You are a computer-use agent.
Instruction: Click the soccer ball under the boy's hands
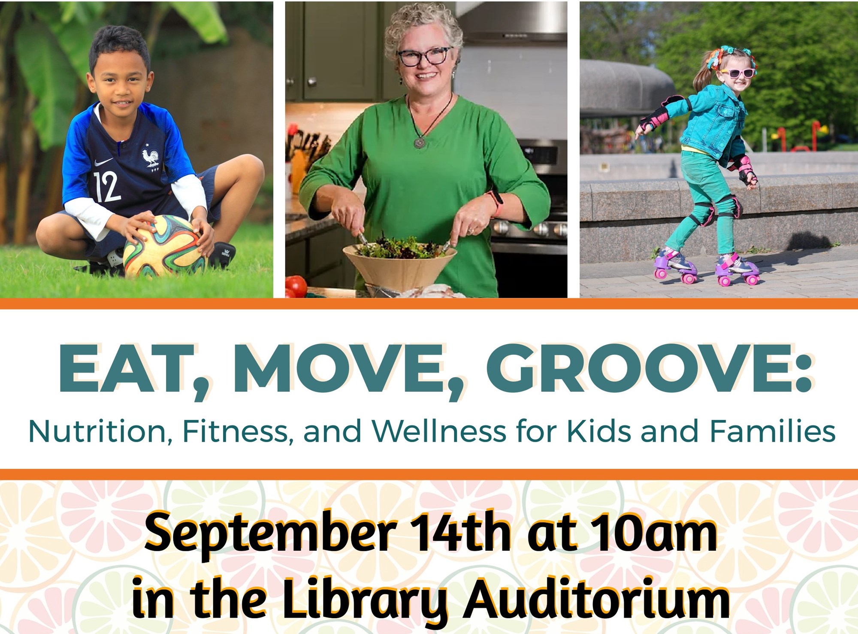[165, 246]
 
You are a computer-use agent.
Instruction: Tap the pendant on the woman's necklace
[419, 142]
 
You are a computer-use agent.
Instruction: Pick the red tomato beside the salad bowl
[296, 286]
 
